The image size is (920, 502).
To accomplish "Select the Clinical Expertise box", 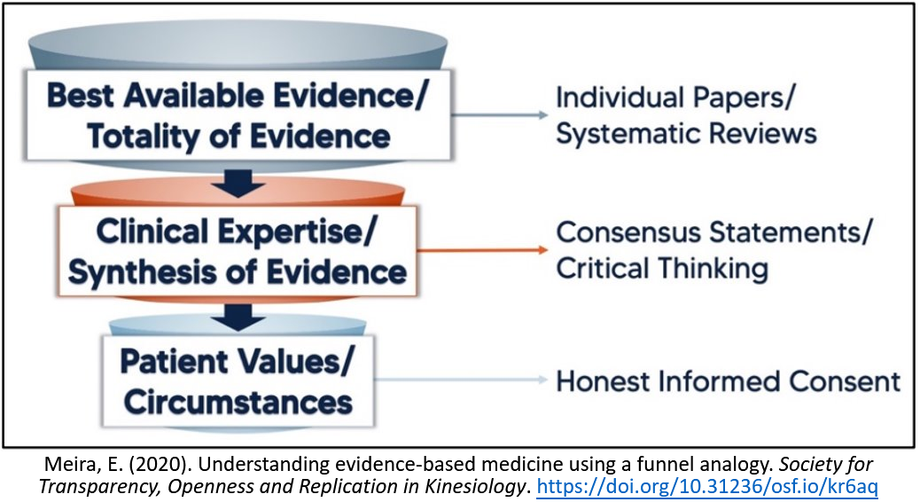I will pos(236,251).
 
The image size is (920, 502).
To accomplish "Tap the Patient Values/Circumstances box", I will pos(237,381).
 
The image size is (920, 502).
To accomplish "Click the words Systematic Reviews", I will pos(685,133).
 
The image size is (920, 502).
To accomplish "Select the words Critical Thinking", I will pos(662,268).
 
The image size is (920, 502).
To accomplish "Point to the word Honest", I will pos(603,382).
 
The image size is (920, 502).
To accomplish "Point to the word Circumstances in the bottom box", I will pos(238,402).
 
